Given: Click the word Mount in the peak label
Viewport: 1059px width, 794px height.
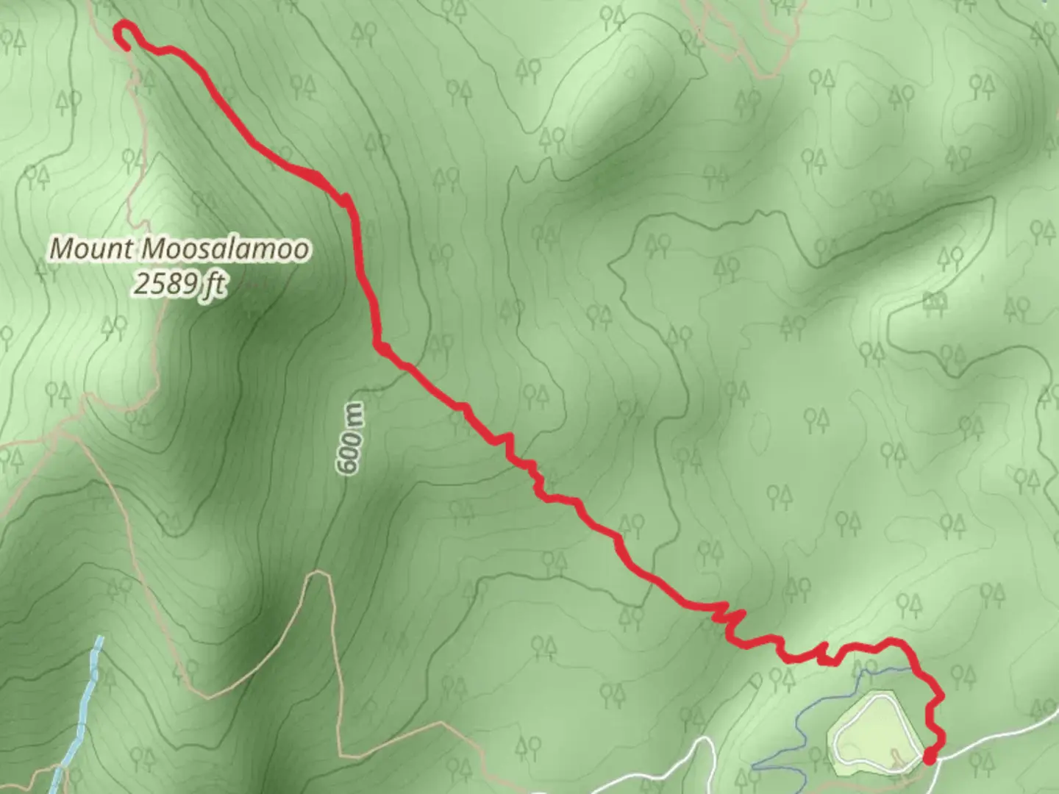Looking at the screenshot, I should pos(90,248).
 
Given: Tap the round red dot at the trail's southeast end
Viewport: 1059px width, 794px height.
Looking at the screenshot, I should pos(930,755).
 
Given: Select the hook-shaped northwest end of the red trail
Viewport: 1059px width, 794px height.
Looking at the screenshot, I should pos(126,37).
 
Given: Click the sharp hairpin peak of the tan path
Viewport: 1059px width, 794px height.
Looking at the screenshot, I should pos(318,574).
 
